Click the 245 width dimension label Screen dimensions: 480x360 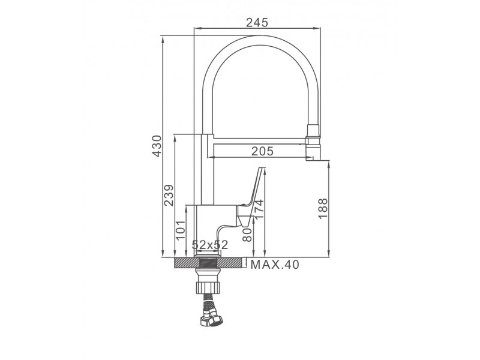pyautogui.click(x=257, y=22)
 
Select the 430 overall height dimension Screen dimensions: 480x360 pyautogui.click(x=157, y=146)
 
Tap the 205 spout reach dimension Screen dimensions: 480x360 pyautogui.click(x=262, y=151)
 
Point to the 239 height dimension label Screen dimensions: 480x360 pyautogui.click(x=169, y=196)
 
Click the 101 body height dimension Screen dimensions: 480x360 pyautogui.click(x=181, y=230)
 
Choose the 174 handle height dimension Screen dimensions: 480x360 pyautogui.click(x=259, y=209)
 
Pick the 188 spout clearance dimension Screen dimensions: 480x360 pyautogui.click(x=323, y=208)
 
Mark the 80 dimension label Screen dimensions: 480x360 pyautogui.click(x=247, y=235)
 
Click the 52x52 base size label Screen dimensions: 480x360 pyautogui.click(x=210, y=245)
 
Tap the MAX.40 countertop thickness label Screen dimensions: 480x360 pyautogui.click(x=275, y=265)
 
